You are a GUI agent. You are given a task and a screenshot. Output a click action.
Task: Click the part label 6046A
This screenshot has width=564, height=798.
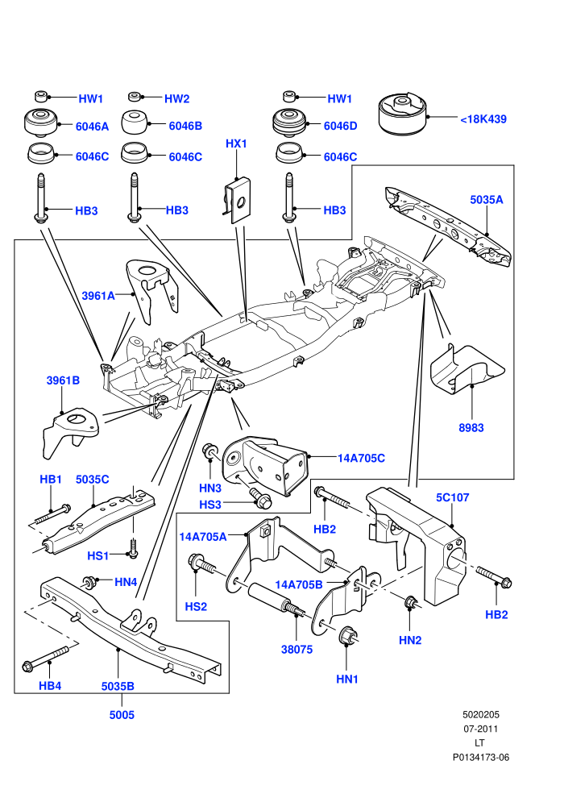coord(92,127)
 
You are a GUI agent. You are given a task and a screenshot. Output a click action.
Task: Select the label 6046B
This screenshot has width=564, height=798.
coord(185,126)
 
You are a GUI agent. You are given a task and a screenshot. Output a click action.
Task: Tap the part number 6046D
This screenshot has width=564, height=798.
coord(340,126)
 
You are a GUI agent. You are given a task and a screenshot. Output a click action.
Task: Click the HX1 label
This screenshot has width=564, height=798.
coord(236,143)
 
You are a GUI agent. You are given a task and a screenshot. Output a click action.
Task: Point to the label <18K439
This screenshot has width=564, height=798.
coord(483,119)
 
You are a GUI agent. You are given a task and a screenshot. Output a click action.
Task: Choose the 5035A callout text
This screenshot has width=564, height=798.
coord(486,200)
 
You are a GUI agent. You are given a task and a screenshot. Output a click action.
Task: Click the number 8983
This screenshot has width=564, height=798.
coord(471,428)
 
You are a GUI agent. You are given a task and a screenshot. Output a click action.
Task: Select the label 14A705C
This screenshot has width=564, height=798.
coord(361,458)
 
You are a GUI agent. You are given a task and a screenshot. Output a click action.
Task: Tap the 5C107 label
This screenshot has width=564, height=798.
coord(452,497)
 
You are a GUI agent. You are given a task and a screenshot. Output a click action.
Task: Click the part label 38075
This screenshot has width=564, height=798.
coord(297,650)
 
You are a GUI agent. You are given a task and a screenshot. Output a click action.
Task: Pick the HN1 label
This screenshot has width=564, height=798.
coord(346,679)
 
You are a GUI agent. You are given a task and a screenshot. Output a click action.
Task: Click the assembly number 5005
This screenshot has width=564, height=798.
coord(122,715)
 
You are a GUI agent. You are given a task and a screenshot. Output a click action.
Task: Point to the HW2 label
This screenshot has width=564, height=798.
coord(176,98)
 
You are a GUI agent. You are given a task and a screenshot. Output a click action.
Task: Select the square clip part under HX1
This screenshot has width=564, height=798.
coord(237,200)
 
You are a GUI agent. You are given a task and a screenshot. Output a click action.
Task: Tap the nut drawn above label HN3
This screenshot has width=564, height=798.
coord(211,451)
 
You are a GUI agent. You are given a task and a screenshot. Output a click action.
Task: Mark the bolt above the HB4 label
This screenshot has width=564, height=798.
coord(45,659)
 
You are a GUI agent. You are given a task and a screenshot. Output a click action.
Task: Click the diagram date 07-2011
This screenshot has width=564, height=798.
coord(480,729)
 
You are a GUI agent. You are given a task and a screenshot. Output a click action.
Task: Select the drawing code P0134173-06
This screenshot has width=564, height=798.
coord(480,757)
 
